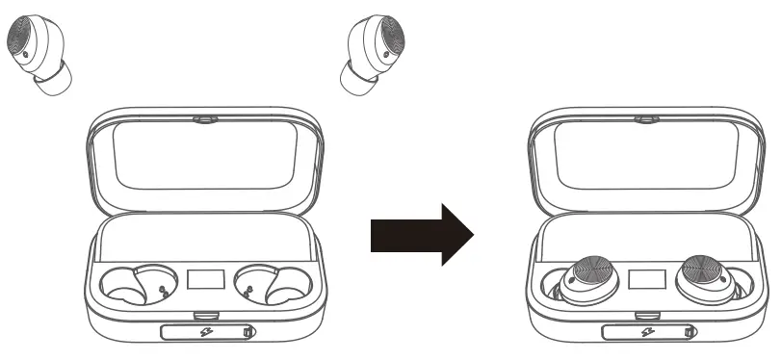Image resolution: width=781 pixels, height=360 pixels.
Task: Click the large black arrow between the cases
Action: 422,233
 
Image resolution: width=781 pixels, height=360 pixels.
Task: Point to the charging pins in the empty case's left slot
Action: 160,290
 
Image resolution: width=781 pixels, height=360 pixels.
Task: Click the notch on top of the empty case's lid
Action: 202,118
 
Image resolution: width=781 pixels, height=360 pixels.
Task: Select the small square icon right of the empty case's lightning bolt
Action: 247,334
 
